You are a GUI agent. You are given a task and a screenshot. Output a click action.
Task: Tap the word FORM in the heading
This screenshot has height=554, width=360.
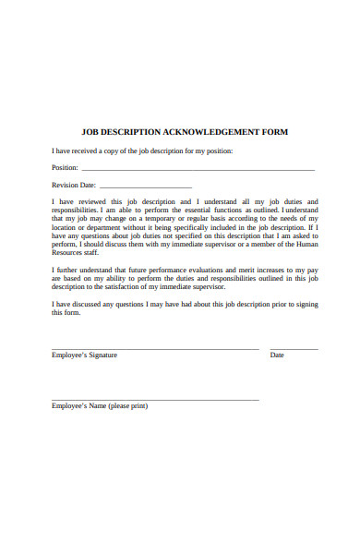274,132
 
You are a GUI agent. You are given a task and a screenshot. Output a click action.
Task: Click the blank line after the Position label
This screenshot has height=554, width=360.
198,171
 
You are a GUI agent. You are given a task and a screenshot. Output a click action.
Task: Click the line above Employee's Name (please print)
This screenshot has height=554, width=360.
155,399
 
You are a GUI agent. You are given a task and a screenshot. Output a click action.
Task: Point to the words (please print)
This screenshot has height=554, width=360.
128,406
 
